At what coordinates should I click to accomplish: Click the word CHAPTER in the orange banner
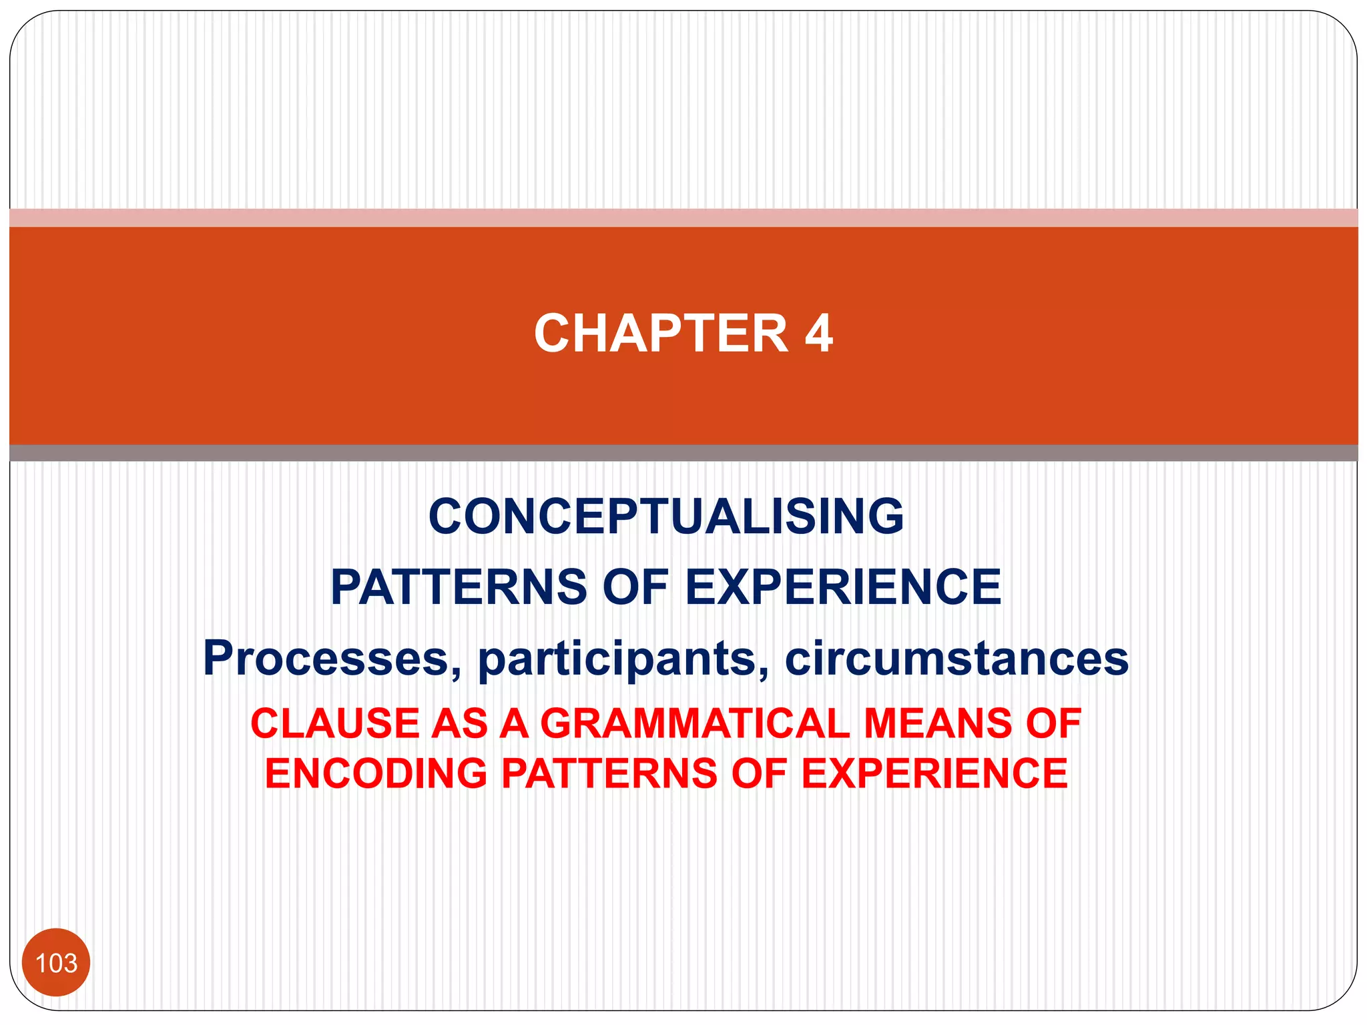[x=661, y=333]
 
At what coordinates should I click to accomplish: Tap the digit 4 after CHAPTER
[x=818, y=333]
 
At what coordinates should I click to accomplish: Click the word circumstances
[x=956, y=658]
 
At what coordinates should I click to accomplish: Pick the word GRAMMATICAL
[x=694, y=723]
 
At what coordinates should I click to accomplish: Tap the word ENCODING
[x=376, y=773]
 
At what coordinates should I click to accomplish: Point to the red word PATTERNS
[x=609, y=773]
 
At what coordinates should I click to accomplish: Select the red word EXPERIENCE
[x=934, y=773]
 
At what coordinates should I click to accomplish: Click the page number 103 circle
[x=56, y=962]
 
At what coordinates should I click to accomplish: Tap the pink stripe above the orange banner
[x=683, y=218]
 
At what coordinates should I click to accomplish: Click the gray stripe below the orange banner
[x=683, y=453]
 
